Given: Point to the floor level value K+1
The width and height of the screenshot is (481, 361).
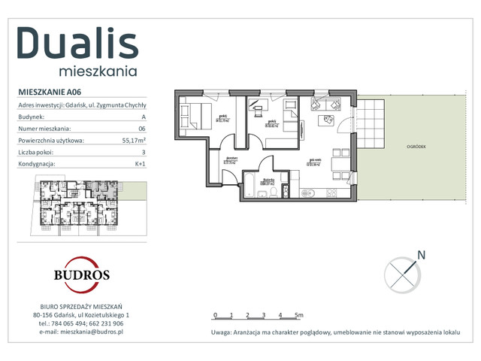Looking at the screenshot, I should (139, 163).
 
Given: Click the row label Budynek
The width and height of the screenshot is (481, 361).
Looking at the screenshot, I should (31, 117).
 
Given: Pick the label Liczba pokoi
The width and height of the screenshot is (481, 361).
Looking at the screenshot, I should (38, 152).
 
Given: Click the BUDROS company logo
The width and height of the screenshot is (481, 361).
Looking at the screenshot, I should (80, 274).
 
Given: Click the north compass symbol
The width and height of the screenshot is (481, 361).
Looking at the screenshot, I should (402, 272).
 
